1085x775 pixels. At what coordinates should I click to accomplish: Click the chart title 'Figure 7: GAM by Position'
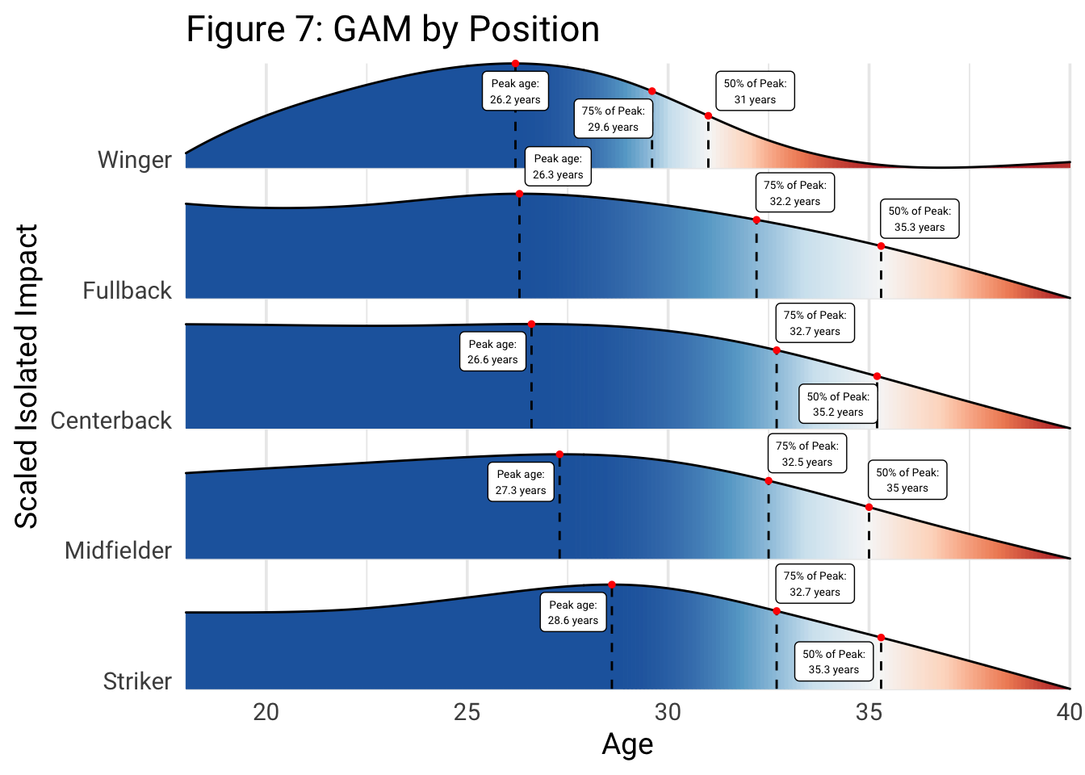(392, 30)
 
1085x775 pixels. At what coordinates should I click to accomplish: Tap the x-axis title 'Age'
(627, 744)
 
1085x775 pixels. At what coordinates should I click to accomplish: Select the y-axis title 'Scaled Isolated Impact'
(27, 376)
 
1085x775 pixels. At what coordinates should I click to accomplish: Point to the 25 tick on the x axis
(467, 712)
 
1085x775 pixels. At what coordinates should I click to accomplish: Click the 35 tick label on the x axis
(869, 712)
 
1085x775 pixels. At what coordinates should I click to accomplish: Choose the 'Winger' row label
(135, 160)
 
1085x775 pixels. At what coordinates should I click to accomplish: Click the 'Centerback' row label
(111, 421)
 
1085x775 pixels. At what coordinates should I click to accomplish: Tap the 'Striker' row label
(137, 681)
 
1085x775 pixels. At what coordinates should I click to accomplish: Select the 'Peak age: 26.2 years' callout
(515, 91)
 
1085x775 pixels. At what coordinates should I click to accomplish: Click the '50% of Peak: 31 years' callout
(755, 91)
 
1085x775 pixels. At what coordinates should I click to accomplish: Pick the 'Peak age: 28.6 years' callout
(573, 613)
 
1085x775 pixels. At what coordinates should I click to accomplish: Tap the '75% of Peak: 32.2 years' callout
(795, 193)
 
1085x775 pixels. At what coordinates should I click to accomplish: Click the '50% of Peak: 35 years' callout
(907, 480)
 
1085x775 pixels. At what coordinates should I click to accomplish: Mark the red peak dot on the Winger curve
(515, 64)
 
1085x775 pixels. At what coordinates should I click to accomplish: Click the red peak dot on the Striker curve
(612, 584)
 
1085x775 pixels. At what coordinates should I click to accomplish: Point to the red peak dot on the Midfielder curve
(559, 455)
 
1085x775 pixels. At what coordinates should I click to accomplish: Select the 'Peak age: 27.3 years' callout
(521, 482)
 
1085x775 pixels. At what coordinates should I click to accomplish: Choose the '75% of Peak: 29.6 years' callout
(614, 119)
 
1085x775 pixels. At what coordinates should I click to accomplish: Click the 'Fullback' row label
(128, 291)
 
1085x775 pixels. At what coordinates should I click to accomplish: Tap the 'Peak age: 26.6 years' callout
(492, 352)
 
